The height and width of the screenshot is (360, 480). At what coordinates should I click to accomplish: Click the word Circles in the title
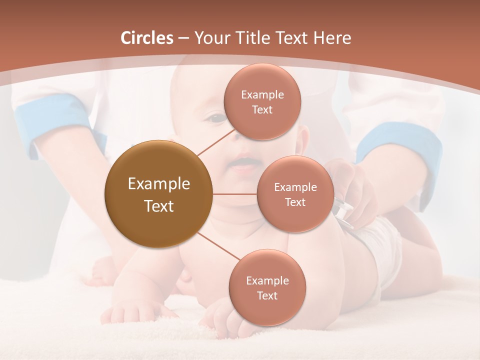click(146, 38)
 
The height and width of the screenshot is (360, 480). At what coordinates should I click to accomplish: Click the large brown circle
click(158, 194)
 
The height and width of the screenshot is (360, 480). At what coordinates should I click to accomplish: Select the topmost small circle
click(261, 102)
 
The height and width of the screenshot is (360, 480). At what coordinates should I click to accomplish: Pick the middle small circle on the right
click(295, 194)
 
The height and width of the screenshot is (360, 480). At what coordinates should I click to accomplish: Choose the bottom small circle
click(267, 287)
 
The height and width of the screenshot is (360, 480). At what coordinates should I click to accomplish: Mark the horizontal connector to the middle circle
click(235, 194)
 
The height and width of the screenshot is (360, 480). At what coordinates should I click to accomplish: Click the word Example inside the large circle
click(158, 184)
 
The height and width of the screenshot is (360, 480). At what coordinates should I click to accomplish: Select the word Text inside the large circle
click(158, 206)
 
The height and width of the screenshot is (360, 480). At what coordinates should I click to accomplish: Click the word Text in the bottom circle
click(267, 295)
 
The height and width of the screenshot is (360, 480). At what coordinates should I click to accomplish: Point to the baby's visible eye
click(216, 118)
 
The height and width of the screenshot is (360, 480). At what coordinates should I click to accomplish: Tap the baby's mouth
click(243, 164)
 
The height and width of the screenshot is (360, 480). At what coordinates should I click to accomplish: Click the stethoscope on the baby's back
click(343, 210)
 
